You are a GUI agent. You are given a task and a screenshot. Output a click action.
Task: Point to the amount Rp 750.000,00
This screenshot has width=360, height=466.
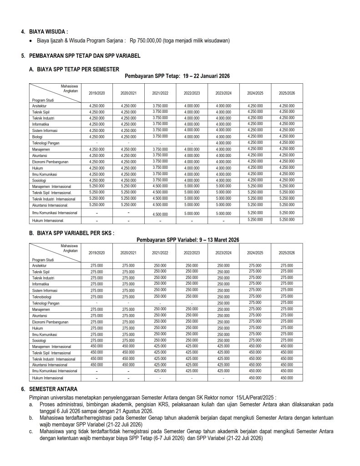(147, 41)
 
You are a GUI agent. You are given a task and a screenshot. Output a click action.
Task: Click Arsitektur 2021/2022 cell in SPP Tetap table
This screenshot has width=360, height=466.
(160, 106)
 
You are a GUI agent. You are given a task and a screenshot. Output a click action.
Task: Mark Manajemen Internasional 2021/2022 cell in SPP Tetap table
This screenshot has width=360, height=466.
(160, 186)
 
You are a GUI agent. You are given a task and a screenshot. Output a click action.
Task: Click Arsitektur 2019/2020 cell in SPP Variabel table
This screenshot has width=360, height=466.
(96, 265)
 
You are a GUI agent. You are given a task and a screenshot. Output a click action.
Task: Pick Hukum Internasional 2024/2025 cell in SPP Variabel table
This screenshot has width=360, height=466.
(255, 378)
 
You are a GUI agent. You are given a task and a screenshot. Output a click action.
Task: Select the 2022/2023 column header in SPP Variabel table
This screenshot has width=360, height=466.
(192, 253)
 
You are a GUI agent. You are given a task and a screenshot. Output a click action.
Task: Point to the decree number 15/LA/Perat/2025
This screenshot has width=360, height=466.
(256, 397)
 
